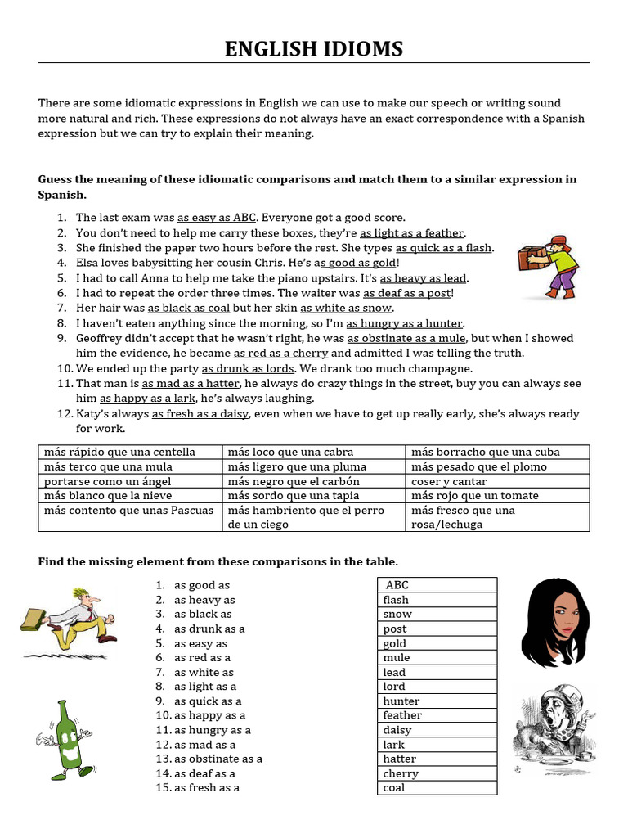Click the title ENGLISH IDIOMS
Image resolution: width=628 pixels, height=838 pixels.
pos(314,49)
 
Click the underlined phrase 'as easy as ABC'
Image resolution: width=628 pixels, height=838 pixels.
pos(217,218)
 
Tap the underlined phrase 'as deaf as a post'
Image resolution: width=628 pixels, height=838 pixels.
pos(406,293)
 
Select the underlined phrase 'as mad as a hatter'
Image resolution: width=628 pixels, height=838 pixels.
pos(191,384)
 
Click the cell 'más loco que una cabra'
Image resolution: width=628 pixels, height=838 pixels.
pos(286,452)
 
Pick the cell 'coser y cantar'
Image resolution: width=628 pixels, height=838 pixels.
pos(449,481)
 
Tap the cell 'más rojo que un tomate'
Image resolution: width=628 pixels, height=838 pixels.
pos(463,495)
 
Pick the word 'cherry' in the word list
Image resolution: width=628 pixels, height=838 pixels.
pos(401,773)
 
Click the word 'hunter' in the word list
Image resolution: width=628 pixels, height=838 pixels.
pos(401,701)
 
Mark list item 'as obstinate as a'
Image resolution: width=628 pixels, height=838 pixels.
pos(218,759)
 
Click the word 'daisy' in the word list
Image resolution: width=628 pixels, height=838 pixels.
pos(397,730)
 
